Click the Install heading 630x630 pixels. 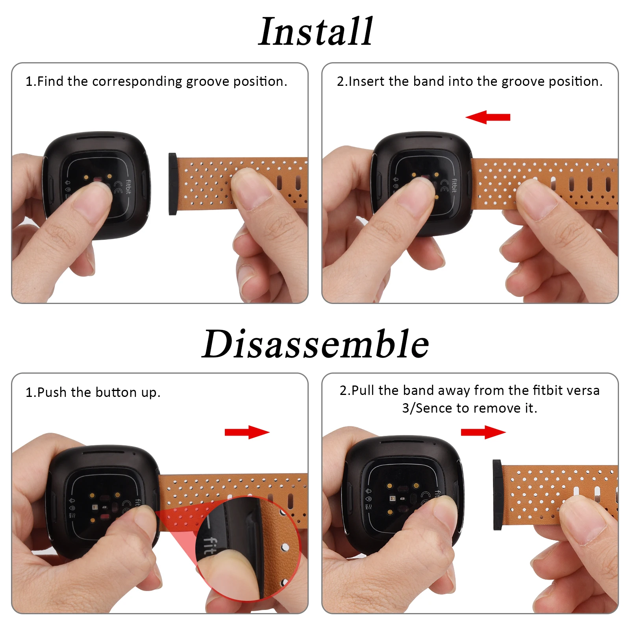(x=315, y=32)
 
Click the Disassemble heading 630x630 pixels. (x=315, y=344)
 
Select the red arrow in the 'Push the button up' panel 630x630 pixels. (x=247, y=432)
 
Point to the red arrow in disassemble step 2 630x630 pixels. (x=483, y=432)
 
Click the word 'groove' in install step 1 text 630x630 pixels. (x=208, y=82)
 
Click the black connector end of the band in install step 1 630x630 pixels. (x=172, y=184)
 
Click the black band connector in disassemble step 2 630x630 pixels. (x=497, y=495)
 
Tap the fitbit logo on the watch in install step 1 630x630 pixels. (x=128, y=187)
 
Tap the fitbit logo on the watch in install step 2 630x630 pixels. (x=454, y=185)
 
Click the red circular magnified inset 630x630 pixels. (x=248, y=549)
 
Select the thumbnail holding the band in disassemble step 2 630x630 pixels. (x=585, y=523)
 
